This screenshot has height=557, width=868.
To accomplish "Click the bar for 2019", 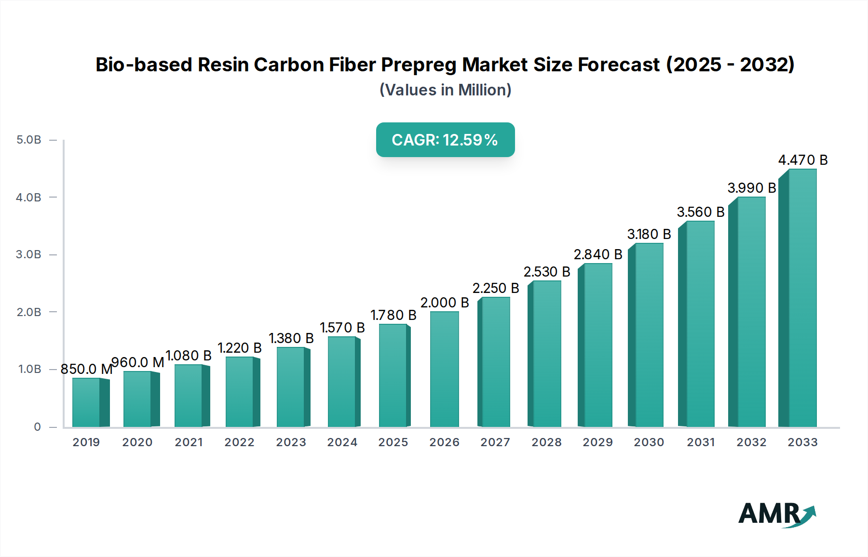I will (87, 403).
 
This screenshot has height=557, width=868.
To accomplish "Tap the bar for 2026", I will (444, 370).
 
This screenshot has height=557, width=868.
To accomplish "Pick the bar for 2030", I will (649, 335).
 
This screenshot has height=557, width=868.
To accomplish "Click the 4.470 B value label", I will (803, 160).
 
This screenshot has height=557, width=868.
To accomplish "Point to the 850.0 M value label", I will (86, 369).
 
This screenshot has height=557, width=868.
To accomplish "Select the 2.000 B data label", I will (445, 303).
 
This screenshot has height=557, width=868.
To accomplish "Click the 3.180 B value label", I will (649, 234).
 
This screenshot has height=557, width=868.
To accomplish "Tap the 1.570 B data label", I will (342, 328).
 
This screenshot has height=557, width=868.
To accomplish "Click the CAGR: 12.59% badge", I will (445, 140).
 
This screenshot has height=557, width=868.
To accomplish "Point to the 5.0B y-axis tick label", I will (29, 140).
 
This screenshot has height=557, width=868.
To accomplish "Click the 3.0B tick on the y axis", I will (29, 254).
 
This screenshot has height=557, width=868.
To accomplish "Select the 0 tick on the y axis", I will (37, 427).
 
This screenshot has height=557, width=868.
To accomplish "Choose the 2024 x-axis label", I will (342, 442).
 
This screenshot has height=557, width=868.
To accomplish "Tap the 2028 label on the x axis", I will (546, 442).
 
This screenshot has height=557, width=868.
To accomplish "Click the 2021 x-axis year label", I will (189, 442).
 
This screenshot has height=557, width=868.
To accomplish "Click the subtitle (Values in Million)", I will (445, 90).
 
